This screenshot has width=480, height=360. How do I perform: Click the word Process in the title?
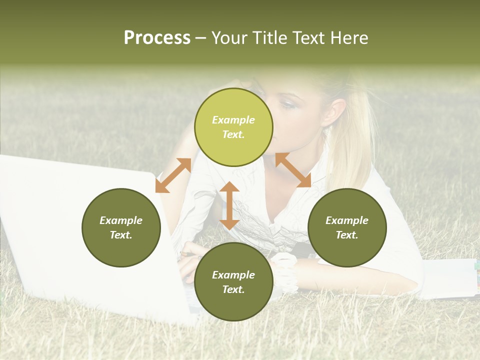(x=157, y=38)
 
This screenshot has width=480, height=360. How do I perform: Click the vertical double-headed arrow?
(x=229, y=205)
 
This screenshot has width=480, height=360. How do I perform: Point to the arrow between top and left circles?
(x=173, y=175)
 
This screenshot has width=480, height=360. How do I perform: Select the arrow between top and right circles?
(x=293, y=170)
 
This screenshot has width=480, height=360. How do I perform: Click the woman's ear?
(x=335, y=112)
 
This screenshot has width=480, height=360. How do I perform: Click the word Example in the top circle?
(x=233, y=120)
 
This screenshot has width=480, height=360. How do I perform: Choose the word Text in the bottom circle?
(x=233, y=289)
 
